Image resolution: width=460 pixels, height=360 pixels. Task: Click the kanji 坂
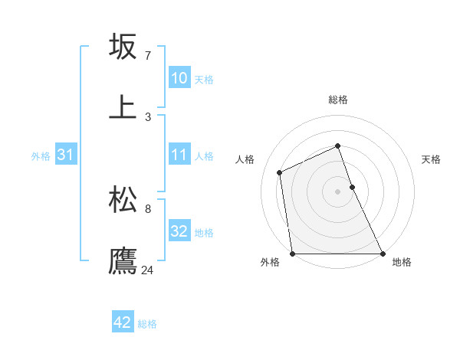click(x=123, y=47)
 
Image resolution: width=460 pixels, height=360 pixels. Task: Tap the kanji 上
click(x=123, y=107)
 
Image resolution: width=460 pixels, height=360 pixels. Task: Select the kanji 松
click(x=123, y=200)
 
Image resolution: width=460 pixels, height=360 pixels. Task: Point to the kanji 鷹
click(x=123, y=260)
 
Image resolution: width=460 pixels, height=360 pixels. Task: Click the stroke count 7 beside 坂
click(x=147, y=56)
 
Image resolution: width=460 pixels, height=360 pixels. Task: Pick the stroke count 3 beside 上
click(x=147, y=116)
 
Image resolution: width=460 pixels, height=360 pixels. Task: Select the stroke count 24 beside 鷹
click(x=148, y=270)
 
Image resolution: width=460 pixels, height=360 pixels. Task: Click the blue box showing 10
click(x=179, y=78)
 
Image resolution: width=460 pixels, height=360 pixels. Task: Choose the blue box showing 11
click(x=179, y=155)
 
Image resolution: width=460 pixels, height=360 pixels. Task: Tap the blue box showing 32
click(x=179, y=231)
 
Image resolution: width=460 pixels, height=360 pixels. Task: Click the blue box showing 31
click(x=66, y=155)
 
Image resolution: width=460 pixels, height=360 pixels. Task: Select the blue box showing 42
click(x=123, y=322)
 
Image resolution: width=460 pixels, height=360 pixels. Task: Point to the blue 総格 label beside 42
click(x=147, y=324)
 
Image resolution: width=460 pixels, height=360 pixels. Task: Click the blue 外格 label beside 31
click(x=41, y=156)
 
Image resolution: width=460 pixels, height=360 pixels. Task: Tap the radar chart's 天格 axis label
click(x=432, y=159)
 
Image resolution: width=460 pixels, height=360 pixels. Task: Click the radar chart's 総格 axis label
click(x=338, y=100)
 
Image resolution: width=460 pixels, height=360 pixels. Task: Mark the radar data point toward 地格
click(x=382, y=254)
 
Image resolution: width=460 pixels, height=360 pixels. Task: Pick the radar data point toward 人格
click(x=280, y=172)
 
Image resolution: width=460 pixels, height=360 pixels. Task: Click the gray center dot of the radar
click(x=338, y=191)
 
